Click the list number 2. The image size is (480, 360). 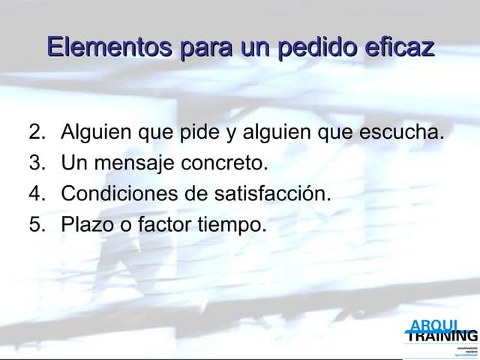[36, 133]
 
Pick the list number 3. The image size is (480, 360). [36, 163]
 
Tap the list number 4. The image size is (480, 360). [36, 193]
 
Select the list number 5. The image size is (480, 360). [36, 223]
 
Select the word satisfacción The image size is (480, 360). [272, 193]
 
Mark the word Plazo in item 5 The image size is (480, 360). [83, 223]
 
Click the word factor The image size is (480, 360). [165, 223]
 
